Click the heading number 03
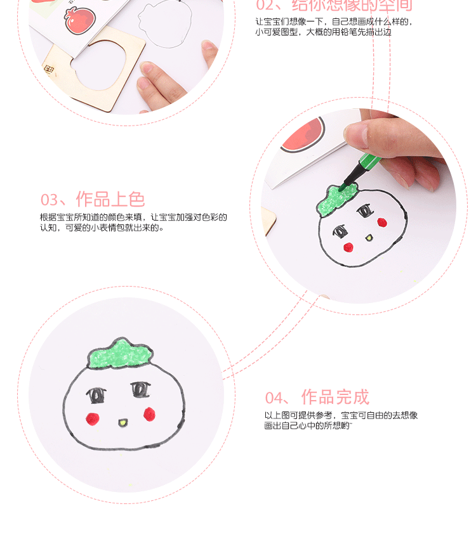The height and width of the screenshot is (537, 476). tap(50, 200)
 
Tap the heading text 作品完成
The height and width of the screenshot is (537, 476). tap(335, 398)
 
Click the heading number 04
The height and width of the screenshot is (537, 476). tap(274, 398)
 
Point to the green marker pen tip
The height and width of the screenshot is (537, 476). tap(343, 185)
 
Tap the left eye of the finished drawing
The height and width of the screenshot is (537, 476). tap(96, 395)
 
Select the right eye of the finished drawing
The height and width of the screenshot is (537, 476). tap(138, 390)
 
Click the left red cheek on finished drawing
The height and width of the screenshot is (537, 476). tap(93, 418)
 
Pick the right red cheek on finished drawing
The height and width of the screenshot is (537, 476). tap(149, 414)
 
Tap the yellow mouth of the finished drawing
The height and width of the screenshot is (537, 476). tap(122, 422)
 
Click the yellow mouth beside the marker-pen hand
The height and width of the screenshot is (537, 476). tap(369, 238)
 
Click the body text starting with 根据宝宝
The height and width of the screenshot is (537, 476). tap(133, 222)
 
